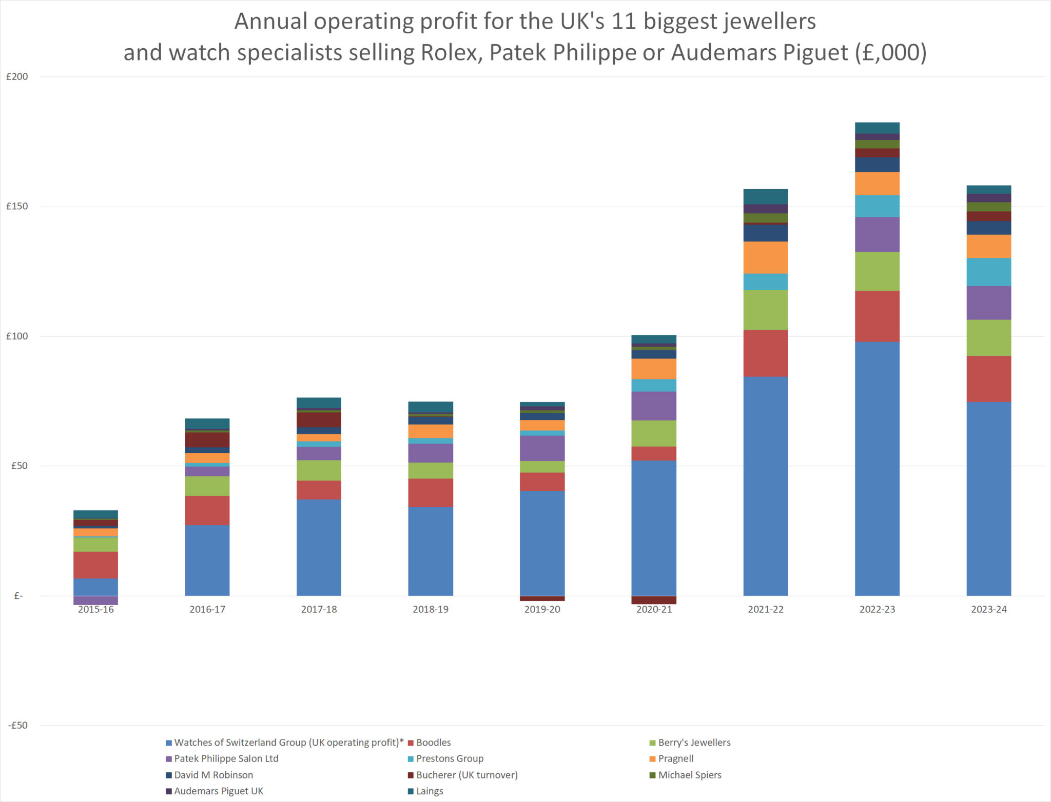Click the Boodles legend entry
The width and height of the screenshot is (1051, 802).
433,742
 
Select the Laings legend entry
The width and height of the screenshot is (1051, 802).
429,791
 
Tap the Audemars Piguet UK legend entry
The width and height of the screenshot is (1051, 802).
218,791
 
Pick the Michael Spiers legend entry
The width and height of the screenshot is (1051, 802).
689,774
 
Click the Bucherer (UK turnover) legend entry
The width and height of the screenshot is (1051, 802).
466,774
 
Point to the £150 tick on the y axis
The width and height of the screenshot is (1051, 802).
17,206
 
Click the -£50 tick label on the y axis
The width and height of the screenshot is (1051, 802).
17,725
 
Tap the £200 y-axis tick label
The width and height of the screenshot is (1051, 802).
17,76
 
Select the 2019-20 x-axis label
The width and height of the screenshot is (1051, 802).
542,609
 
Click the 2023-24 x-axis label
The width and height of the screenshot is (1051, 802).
988,609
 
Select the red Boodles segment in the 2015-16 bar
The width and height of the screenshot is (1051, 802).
95,565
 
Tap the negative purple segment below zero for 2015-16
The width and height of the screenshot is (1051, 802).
95,600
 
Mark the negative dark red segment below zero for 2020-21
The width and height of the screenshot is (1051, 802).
653,600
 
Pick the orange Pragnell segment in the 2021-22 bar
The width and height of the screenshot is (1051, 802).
765,257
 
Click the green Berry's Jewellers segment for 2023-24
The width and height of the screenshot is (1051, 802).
988,337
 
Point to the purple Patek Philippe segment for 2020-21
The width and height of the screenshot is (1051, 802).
653,406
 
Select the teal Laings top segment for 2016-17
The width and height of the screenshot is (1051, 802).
207,423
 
